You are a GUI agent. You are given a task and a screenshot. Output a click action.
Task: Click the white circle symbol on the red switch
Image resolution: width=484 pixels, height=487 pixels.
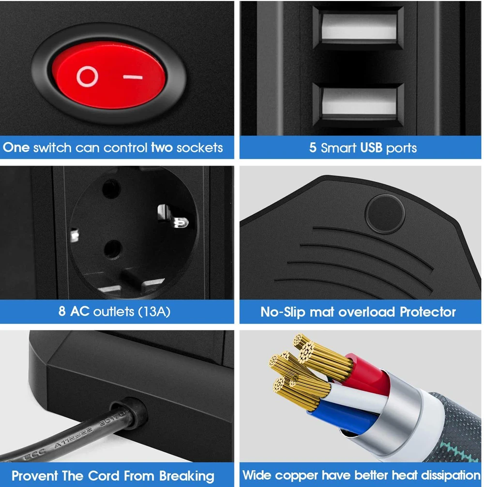(x=87, y=76)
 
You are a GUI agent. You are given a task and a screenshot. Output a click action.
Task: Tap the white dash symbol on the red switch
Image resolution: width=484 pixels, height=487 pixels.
(x=133, y=77)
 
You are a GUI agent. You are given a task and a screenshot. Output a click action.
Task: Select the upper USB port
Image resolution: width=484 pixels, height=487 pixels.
(x=359, y=28)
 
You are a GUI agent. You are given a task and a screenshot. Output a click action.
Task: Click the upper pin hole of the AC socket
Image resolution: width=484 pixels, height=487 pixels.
(x=111, y=189)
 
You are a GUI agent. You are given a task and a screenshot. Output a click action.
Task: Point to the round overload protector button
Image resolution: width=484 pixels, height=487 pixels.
(x=385, y=214)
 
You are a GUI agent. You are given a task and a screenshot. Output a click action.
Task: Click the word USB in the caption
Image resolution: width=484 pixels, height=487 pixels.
(x=371, y=148)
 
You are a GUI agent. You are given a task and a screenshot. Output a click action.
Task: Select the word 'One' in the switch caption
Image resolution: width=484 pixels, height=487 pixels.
(x=16, y=147)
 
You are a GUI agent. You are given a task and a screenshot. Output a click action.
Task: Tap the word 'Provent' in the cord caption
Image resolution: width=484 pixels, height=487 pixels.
(x=35, y=476)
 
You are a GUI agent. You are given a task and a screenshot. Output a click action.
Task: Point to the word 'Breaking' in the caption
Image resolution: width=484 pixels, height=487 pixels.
(x=187, y=476)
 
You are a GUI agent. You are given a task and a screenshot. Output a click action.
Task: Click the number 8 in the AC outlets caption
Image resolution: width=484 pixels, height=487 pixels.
(x=62, y=311)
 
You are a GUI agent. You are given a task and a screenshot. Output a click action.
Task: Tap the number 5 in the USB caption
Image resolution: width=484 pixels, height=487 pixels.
(x=313, y=148)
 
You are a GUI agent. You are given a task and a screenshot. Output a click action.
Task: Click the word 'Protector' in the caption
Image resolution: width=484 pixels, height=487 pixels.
(x=428, y=312)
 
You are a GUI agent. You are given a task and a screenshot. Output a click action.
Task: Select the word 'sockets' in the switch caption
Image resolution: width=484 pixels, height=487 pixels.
(x=199, y=148)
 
